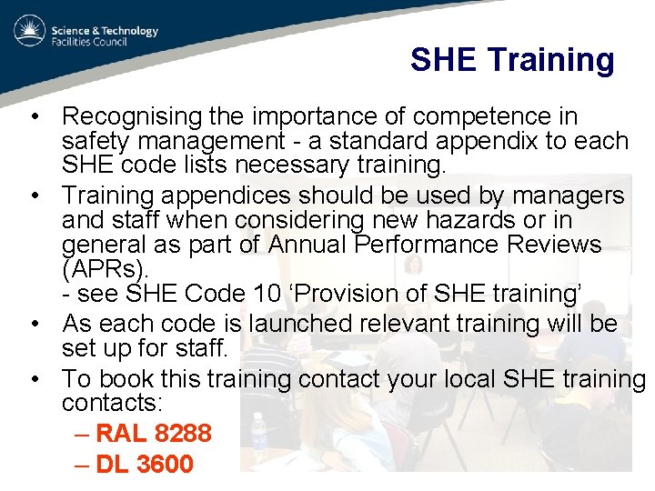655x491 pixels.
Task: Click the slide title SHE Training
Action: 512,60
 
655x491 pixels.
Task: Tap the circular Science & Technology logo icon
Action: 29,33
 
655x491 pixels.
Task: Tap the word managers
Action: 569,196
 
